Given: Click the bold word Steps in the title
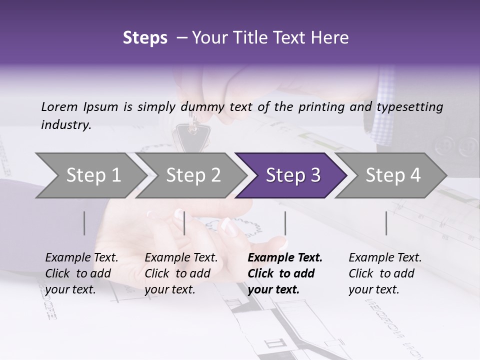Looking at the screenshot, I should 145,38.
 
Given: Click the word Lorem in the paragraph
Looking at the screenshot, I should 59,106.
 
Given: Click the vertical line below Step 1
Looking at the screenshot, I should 84,223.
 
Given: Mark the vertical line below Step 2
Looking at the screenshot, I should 184,223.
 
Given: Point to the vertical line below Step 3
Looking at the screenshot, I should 285,223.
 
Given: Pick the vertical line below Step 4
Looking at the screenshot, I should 386,223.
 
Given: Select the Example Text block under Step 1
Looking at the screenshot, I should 81,273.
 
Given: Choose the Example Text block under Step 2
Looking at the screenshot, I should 181,273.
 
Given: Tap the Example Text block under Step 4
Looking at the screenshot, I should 385,273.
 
